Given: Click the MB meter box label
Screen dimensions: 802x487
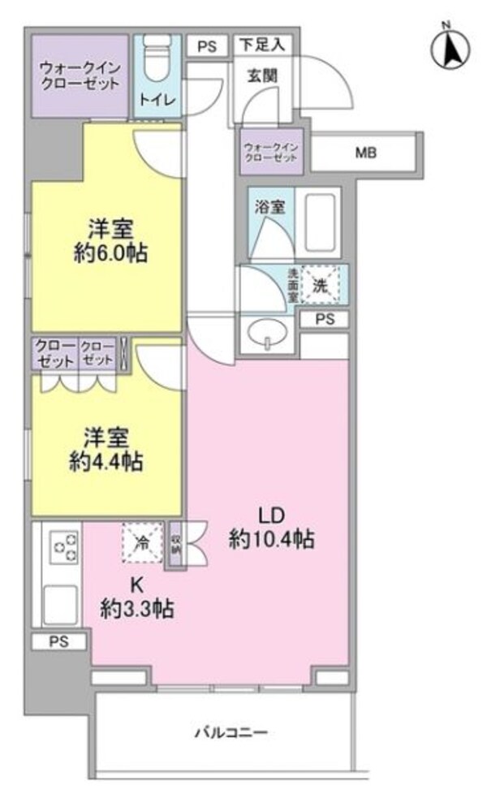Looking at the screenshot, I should click(364, 152).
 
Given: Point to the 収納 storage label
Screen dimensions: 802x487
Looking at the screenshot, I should click(176, 545).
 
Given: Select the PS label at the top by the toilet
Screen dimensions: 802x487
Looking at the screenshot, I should click(206, 46).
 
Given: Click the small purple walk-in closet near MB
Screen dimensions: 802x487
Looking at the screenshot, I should click(273, 152).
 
